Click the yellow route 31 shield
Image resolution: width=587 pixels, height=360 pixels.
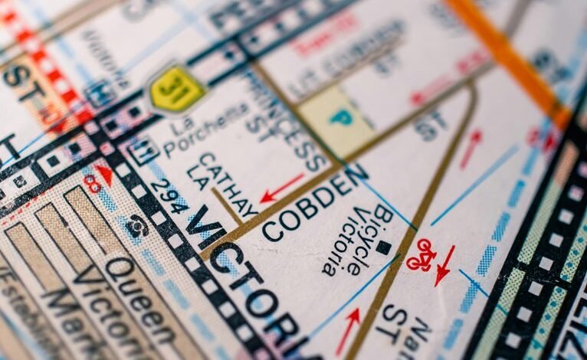coord(177,89)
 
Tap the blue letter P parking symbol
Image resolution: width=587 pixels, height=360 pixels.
coord(335,118)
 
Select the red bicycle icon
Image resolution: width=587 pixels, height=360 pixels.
coord(421,255)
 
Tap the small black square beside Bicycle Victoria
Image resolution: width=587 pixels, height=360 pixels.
coord(383,247)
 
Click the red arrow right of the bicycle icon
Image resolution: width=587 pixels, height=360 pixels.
coord(445,265)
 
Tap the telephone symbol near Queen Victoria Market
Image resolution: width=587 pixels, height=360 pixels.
coord(138,224)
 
